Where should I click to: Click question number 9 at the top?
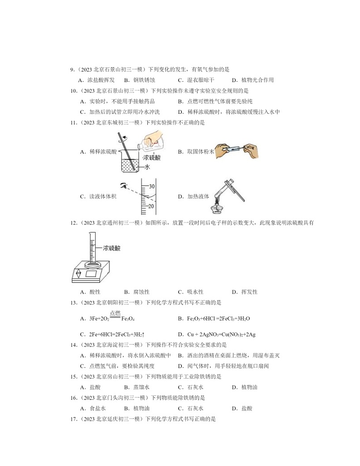72,70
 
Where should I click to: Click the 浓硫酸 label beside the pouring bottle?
151,158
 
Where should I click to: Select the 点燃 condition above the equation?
115,312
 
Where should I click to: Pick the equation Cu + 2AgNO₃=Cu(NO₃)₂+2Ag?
221,335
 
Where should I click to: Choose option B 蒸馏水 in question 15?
141,387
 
